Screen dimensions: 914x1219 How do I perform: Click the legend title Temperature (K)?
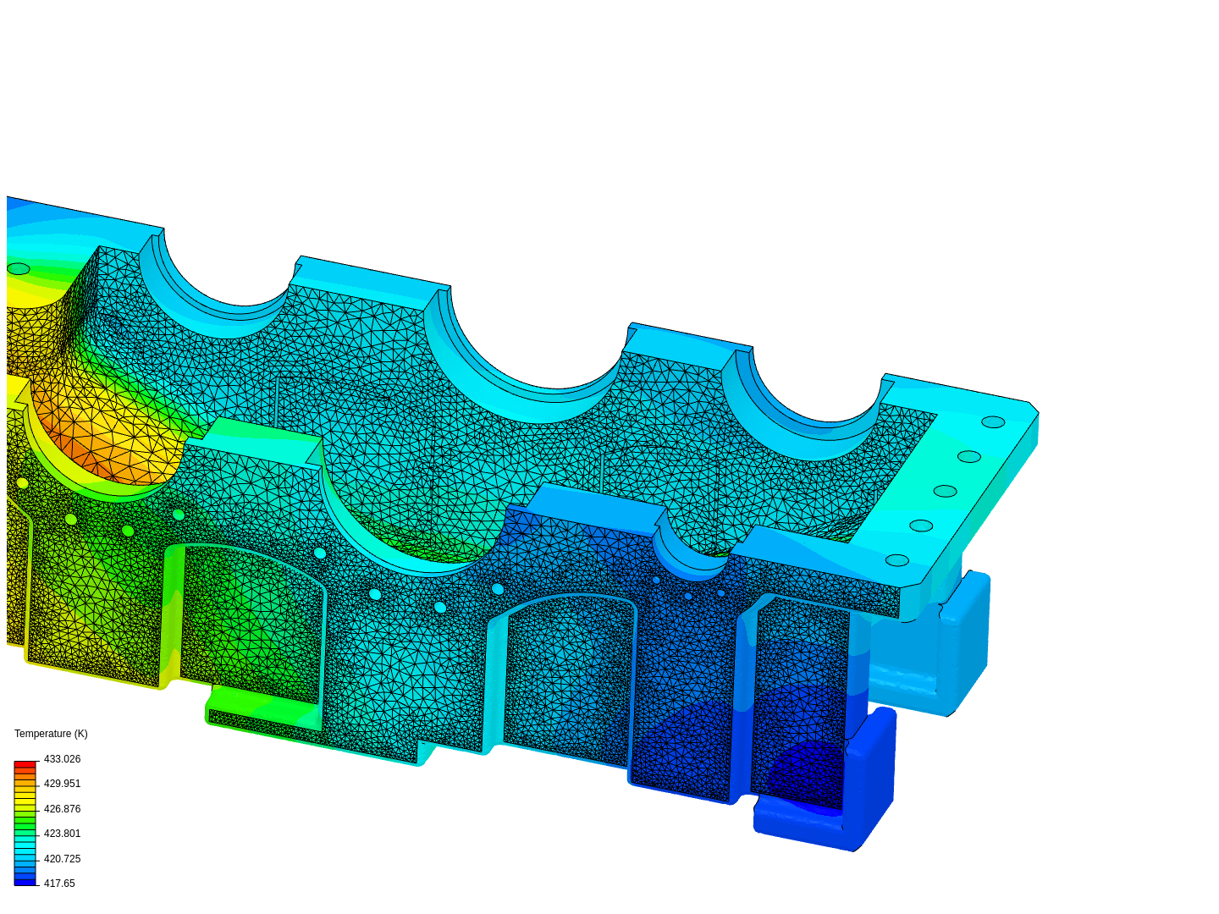coord(51,734)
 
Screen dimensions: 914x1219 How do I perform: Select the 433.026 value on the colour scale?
coord(62,759)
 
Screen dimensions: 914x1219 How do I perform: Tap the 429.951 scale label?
coord(62,784)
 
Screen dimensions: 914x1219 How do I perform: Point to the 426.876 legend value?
coord(62,809)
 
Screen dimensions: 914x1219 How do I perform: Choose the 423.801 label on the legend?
coord(62,834)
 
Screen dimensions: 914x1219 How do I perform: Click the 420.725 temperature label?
coord(62,859)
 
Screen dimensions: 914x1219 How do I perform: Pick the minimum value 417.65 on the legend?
coord(59,884)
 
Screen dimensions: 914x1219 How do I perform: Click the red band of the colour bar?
coord(25,764)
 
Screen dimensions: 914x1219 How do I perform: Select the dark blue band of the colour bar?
coord(25,882)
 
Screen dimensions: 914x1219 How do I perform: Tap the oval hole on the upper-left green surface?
coord(18,269)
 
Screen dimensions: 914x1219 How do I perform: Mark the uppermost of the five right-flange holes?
coord(993,421)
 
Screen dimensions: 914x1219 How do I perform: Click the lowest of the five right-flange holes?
coord(897,560)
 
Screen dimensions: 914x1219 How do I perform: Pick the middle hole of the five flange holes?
coord(945,491)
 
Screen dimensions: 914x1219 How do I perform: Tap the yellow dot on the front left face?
coord(23,483)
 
